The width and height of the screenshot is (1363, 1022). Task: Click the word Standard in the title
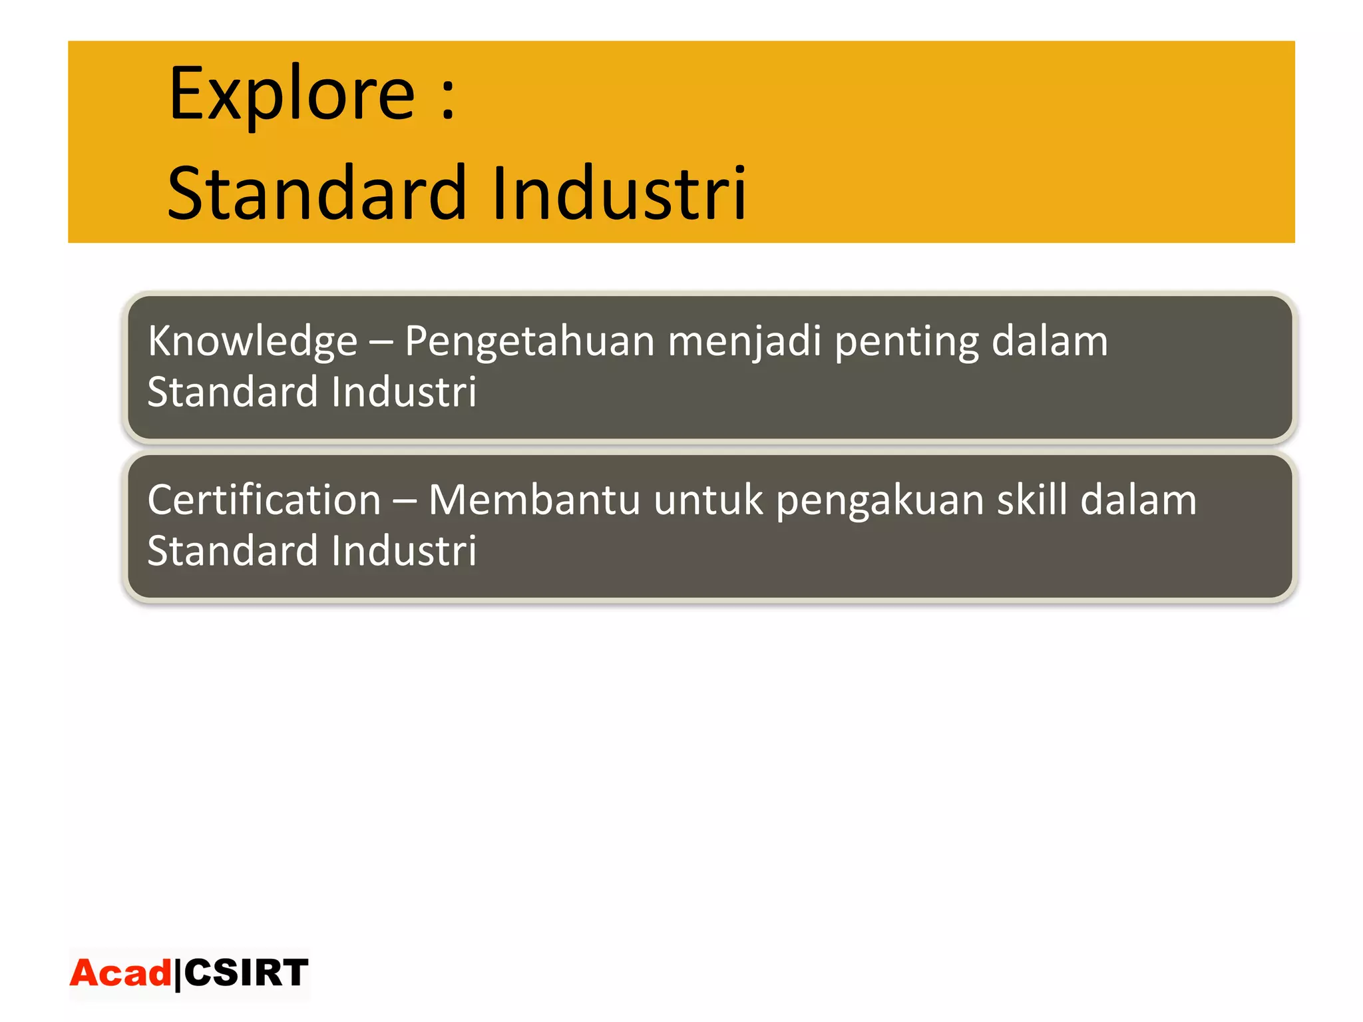[x=317, y=194]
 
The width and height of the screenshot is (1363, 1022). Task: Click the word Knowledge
[x=252, y=341]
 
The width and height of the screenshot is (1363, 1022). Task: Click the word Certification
[x=264, y=500]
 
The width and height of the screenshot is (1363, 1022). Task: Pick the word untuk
[x=708, y=500]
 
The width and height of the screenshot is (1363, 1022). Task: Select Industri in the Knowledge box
[x=403, y=392]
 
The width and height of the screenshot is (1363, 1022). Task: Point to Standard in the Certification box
[x=232, y=551]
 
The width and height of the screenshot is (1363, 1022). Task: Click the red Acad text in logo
[x=120, y=973]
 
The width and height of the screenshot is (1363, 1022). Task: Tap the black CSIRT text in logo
[x=246, y=973]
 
